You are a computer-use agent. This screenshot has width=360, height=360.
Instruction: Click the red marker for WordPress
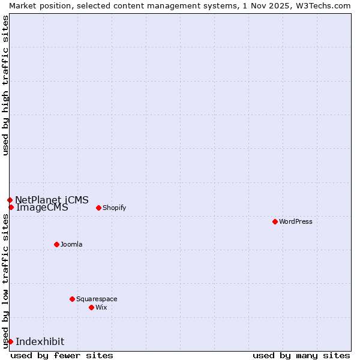pyautogui.click(x=275, y=221)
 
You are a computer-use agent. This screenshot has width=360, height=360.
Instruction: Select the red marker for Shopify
pyautogui.click(x=98, y=208)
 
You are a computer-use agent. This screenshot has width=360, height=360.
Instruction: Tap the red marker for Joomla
pyautogui.click(x=56, y=244)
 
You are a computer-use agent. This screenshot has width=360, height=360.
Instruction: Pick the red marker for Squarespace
pyautogui.click(x=72, y=299)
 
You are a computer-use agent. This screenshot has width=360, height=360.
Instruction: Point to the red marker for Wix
pyautogui.click(x=91, y=307)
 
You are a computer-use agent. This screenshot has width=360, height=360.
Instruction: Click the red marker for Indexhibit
pyautogui.click(x=10, y=341)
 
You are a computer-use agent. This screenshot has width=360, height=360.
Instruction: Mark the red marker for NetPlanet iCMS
pyautogui.click(x=10, y=200)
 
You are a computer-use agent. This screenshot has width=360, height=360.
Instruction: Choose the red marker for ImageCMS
pyautogui.click(x=11, y=207)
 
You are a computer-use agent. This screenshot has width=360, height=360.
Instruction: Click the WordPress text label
pyautogui.click(x=296, y=221)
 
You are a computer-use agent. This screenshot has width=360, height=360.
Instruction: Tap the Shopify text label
pyautogui.click(x=114, y=208)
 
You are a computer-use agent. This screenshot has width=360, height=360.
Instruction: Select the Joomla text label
pyautogui.click(x=71, y=244)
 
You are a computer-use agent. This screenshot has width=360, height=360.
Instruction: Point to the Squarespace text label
pyautogui.click(x=97, y=299)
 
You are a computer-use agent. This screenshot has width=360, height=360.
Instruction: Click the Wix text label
pyautogui.click(x=101, y=307)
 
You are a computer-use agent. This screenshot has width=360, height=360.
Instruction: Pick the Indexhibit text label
pyautogui.click(x=40, y=341)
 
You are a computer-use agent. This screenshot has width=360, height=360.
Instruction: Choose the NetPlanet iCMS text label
pyautogui.click(x=52, y=200)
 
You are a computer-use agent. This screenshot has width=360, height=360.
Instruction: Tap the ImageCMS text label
pyautogui.click(x=42, y=208)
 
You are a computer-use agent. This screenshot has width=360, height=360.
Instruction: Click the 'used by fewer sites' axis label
pyautogui.click(x=62, y=355)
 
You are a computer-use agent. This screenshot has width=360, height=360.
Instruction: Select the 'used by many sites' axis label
pyautogui.click(x=301, y=355)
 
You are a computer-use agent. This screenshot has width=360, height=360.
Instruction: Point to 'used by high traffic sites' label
pyautogui.click(x=5, y=85)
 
